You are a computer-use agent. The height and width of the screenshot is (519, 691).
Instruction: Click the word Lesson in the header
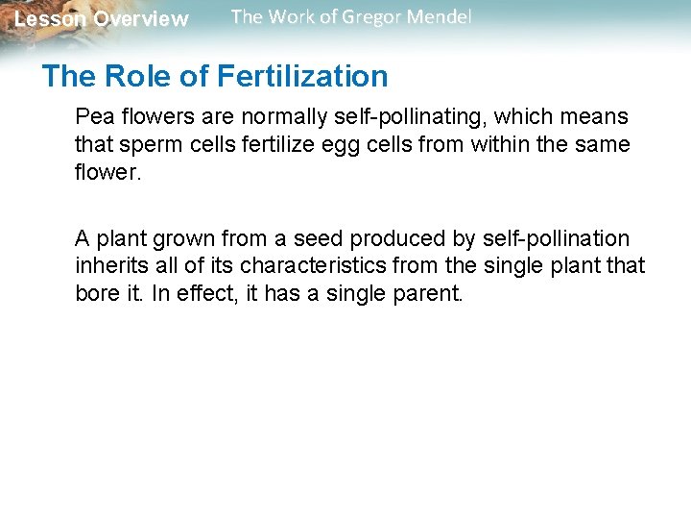49,19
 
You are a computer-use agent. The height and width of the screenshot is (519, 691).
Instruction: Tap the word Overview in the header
141,19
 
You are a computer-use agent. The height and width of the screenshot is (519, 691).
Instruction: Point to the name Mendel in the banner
440,17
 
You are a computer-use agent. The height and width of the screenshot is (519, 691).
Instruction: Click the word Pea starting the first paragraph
93,117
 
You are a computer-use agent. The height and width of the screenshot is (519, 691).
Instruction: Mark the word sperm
141,144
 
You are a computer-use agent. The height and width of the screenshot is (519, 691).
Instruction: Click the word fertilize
263,144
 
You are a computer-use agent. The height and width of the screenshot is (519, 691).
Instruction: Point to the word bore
97,292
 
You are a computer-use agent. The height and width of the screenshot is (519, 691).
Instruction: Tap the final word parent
432,292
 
